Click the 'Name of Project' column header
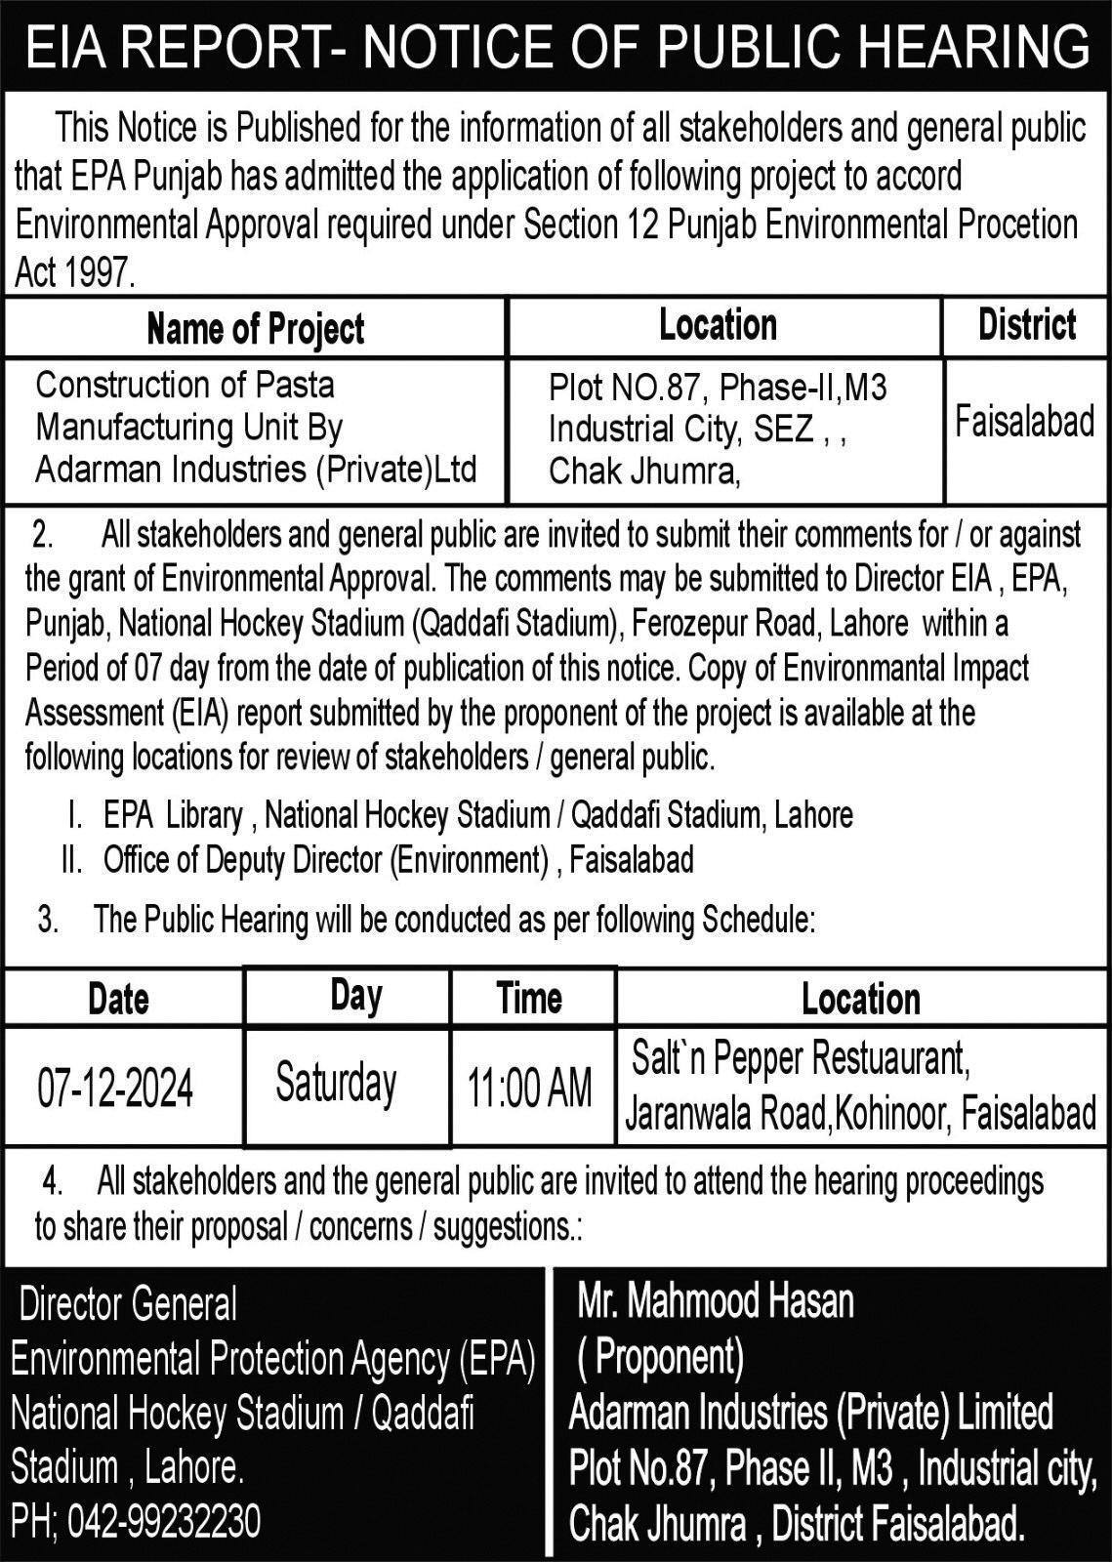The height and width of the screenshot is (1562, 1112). pyautogui.click(x=255, y=329)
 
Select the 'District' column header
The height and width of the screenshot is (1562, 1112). pyautogui.click(x=1027, y=325)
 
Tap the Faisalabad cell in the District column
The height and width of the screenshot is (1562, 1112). pyautogui.click(x=1024, y=422)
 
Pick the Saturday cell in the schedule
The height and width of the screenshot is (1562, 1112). pyautogui.click(x=336, y=1084)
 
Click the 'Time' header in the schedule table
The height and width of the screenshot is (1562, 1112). pyautogui.click(x=529, y=998)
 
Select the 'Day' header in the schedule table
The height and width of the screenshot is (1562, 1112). pyautogui.click(x=356, y=995)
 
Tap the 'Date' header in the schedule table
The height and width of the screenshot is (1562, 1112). pyautogui.click(x=118, y=999)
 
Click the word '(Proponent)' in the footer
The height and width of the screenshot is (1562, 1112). pyautogui.click(x=661, y=1356)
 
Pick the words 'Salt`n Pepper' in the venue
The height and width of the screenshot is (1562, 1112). pyautogui.click(x=719, y=1058)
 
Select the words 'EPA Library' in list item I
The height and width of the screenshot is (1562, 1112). pyautogui.click(x=173, y=814)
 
